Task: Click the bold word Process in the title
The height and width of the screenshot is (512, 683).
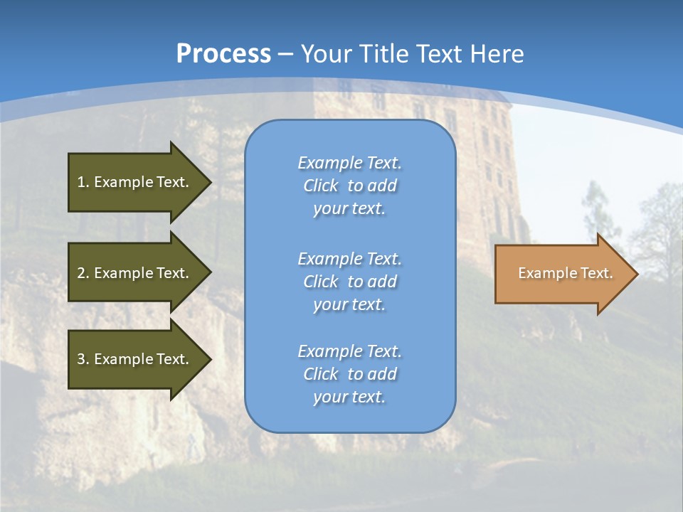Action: click(223, 54)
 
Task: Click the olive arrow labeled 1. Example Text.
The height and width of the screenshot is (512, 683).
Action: click(135, 182)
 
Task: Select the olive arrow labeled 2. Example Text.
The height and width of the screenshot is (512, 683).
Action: click(135, 273)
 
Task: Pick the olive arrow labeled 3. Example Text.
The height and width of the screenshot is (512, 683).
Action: click(135, 359)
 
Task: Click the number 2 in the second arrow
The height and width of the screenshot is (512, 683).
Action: click(81, 273)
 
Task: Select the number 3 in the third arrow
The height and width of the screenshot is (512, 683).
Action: click(81, 359)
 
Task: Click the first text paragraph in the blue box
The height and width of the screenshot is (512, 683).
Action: click(349, 186)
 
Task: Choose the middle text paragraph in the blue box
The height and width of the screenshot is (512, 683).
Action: click(349, 282)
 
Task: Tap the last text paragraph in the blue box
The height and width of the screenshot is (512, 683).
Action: click(349, 374)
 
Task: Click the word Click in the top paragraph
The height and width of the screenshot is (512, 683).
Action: click(320, 186)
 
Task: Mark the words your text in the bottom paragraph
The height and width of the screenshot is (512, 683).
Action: click(349, 397)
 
